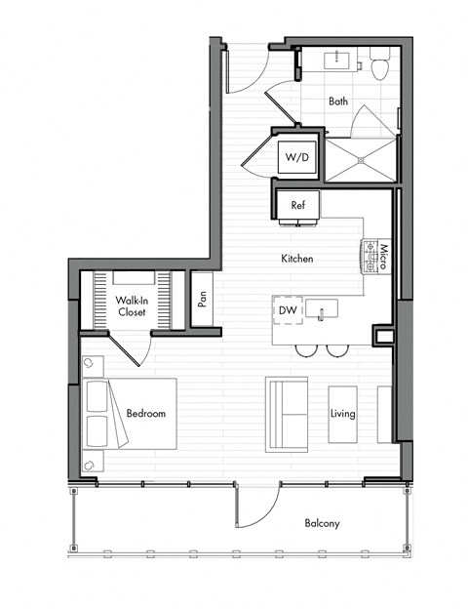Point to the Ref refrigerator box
pos(298,206)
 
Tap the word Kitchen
pos(296,259)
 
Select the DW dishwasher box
pos(288,310)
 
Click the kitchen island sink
pos(326,310)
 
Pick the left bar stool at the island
pos(305,349)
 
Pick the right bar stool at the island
pos(335,349)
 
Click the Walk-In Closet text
pos(132,306)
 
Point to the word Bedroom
pos(146,414)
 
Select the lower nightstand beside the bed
pos(90,463)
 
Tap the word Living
pos(342,414)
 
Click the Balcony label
pos(322,524)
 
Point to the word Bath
pos(338,101)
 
